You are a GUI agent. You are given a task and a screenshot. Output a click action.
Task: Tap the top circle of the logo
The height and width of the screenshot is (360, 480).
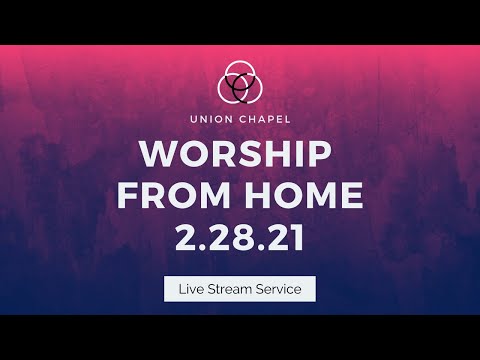[240, 73]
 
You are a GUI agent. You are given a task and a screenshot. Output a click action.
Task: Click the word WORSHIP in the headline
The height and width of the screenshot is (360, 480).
[240, 156]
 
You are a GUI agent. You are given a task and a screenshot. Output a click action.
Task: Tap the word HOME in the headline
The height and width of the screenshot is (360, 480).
[301, 196]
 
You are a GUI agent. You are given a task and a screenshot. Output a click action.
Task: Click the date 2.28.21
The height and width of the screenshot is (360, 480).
[240, 236]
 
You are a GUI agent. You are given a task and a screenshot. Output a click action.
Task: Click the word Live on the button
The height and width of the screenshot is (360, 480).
[188, 289]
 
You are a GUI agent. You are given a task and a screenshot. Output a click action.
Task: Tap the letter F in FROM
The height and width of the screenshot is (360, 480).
[126, 196]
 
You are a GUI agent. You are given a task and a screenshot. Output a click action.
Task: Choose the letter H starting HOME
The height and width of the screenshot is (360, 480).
[251, 196]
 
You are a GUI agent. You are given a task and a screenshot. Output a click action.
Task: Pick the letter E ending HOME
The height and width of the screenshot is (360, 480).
[352, 196]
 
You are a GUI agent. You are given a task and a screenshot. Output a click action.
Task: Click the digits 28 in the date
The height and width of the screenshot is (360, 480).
[239, 236]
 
